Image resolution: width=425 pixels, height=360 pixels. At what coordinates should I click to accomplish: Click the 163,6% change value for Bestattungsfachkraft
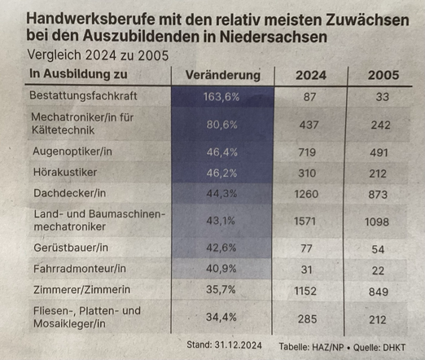pyautogui.click(x=221, y=97)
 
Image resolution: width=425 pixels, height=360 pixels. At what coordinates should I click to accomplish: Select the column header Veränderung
pyautogui.click(x=223, y=75)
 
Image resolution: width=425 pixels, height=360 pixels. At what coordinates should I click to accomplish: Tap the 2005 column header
pyautogui.click(x=383, y=75)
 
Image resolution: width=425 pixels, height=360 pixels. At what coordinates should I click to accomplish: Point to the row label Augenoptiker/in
pyautogui.click(x=72, y=151)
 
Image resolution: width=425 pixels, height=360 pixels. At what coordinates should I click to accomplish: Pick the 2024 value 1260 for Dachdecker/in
pyautogui.click(x=306, y=194)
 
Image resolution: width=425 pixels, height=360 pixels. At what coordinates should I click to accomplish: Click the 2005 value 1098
pyautogui.click(x=377, y=222)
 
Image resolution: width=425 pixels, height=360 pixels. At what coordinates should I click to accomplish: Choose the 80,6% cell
pyautogui.click(x=221, y=125)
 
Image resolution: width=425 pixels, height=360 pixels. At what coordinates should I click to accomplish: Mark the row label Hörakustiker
pyautogui.click(x=65, y=172)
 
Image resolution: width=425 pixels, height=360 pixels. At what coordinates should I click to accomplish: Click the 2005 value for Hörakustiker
pyautogui.click(x=378, y=173)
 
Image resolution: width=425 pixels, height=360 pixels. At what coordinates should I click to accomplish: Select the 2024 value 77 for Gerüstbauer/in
pyautogui.click(x=306, y=248)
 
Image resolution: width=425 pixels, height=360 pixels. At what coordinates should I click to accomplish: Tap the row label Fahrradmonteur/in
pyautogui.click(x=80, y=269)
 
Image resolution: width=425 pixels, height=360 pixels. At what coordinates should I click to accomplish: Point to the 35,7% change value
pyautogui.click(x=221, y=290)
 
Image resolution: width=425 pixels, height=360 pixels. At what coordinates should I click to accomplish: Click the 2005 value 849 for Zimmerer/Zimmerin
pyautogui.click(x=379, y=292)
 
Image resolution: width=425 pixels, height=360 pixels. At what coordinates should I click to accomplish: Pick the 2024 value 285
pyautogui.click(x=307, y=319)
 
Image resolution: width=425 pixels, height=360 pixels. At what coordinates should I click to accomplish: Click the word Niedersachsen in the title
pyautogui.click(x=274, y=37)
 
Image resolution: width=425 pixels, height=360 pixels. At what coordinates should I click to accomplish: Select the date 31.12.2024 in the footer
pyautogui.click(x=238, y=345)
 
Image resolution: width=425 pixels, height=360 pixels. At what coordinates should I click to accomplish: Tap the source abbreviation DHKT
pyautogui.click(x=394, y=347)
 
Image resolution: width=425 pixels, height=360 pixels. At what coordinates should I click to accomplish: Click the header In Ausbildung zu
pyautogui.click(x=78, y=74)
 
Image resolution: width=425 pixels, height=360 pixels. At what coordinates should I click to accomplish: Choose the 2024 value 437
pyautogui.click(x=309, y=125)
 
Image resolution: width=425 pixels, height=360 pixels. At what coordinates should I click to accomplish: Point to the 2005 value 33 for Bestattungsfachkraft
pyautogui.click(x=383, y=97)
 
